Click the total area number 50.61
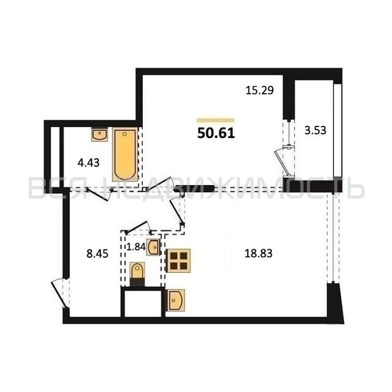pos(216,133)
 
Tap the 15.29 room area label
pos(260,90)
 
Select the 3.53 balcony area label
pos(315,130)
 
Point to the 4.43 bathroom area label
pos(89,163)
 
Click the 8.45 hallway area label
pos(97,253)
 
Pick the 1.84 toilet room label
pos(136,246)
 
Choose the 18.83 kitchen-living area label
pos(259,253)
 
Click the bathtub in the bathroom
pos(125,154)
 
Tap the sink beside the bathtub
pos(100,135)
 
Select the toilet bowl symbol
pos(137,274)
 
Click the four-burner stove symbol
pos(179,261)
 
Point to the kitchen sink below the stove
pos(176,300)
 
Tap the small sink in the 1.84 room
pos(153,247)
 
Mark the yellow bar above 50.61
pos(216,120)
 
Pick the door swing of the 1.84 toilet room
pos(138,227)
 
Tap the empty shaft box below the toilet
pos(143,303)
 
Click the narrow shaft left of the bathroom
pos(55,157)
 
